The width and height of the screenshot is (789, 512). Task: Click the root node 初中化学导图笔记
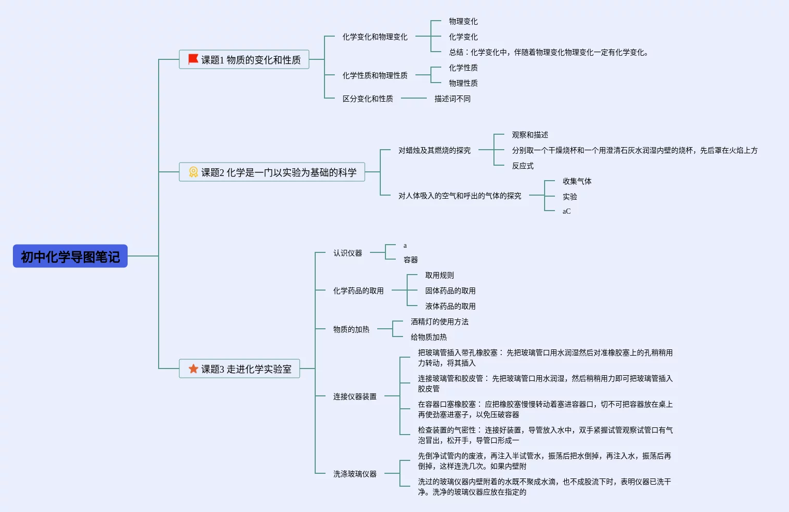(70, 257)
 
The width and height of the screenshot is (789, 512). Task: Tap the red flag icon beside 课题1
(193, 59)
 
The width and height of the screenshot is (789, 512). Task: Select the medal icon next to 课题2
(193, 172)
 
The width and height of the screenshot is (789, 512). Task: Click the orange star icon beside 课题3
(193, 369)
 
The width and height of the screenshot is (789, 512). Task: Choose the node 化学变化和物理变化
(375, 37)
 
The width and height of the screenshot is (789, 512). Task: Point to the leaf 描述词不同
(452, 99)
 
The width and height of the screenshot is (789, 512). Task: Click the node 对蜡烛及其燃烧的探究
(434, 150)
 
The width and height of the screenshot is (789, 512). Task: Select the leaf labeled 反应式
(522, 166)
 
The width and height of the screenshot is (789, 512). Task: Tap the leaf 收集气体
(577, 181)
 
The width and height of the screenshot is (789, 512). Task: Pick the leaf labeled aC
(566, 211)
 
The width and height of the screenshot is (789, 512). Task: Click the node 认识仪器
(347, 253)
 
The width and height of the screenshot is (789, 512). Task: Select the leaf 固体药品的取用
(450, 291)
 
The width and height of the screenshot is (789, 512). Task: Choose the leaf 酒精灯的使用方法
(439, 322)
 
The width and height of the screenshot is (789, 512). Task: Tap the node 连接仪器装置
(354, 396)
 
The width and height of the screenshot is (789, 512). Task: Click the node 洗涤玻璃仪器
(354, 474)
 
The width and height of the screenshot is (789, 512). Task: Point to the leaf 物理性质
(463, 83)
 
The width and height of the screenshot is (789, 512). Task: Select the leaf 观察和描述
(530, 135)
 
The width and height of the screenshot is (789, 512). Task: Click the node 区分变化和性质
(367, 99)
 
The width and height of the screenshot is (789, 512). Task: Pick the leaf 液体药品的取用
(450, 306)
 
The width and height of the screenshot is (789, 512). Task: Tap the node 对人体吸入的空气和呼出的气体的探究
(459, 196)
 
